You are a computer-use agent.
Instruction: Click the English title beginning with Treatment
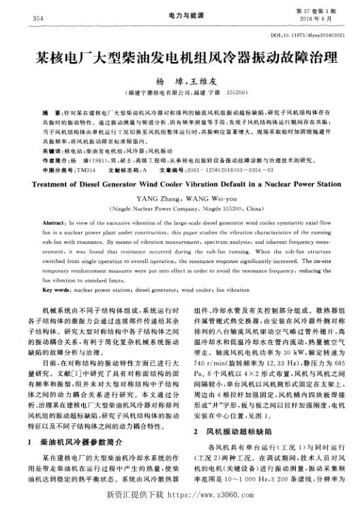(x=180, y=183)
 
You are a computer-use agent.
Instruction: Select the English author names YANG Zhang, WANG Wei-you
(x=180, y=198)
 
